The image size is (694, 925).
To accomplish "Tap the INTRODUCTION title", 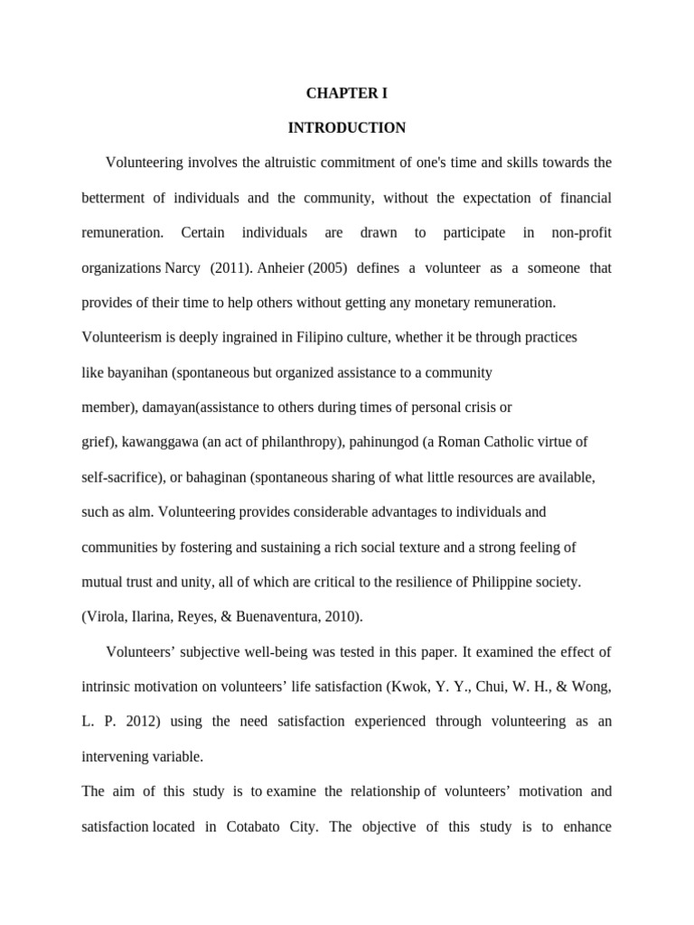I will pos(347,128).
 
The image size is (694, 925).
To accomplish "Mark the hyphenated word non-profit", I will pos(582,233).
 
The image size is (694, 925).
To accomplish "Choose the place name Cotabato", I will pos(267,827).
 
